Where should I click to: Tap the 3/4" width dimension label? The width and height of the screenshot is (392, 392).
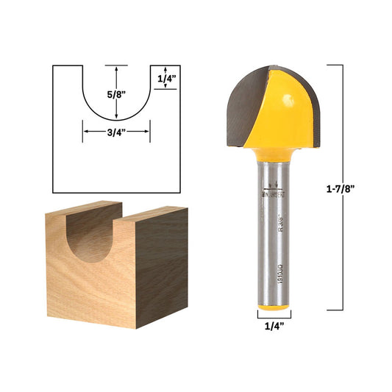coord(116,132)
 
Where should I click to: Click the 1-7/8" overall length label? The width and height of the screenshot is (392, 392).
coord(342,188)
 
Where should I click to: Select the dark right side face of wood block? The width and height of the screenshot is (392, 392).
coord(162,268)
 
